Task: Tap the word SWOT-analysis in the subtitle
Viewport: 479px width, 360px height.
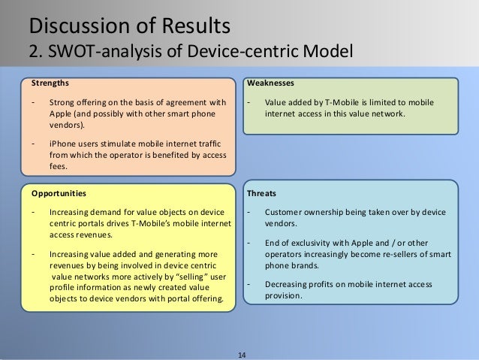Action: (97, 53)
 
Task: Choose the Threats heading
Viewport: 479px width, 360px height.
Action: (261, 192)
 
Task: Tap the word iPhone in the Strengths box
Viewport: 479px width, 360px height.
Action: (61, 141)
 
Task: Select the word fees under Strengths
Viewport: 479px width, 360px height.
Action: (58, 167)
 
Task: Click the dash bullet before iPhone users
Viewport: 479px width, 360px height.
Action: (32, 141)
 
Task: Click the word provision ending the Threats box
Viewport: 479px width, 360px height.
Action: (283, 295)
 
